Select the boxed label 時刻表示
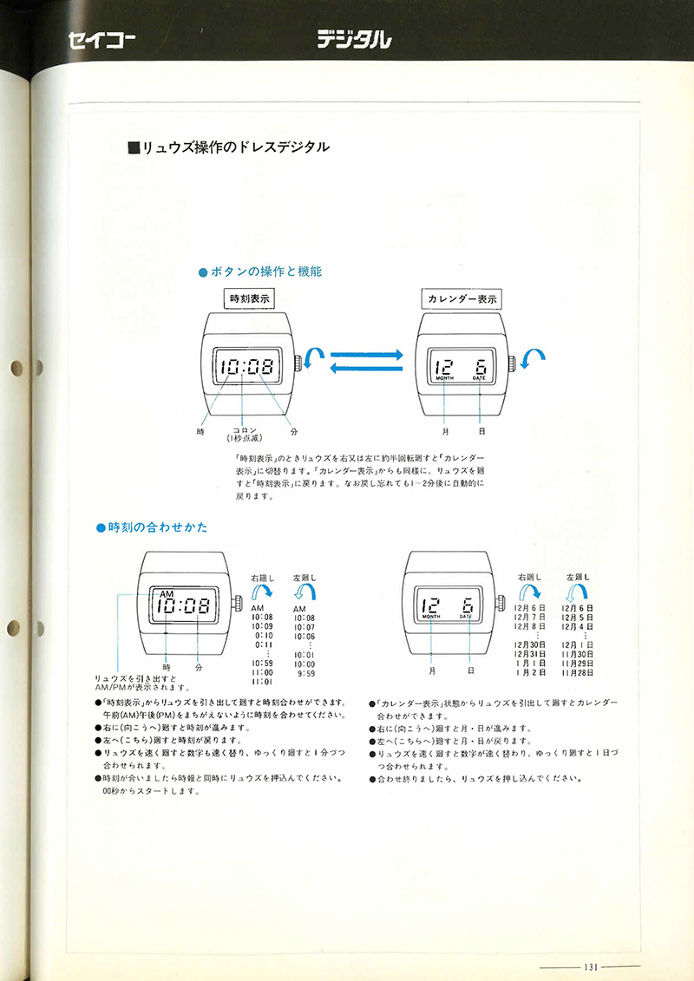pyautogui.click(x=250, y=298)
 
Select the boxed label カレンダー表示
pyautogui.click(x=462, y=298)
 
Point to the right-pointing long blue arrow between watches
pyautogui.click(x=368, y=355)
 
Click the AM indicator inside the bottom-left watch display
pyautogui.click(x=167, y=592)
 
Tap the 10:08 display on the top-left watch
pyautogui.click(x=246, y=366)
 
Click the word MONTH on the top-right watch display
pyautogui.click(x=443, y=379)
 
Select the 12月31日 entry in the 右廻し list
pyautogui.click(x=529, y=655)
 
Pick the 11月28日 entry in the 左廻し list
pyautogui.click(x=577, y=672)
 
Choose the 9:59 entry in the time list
pyautogui.click(x=304, y=672)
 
